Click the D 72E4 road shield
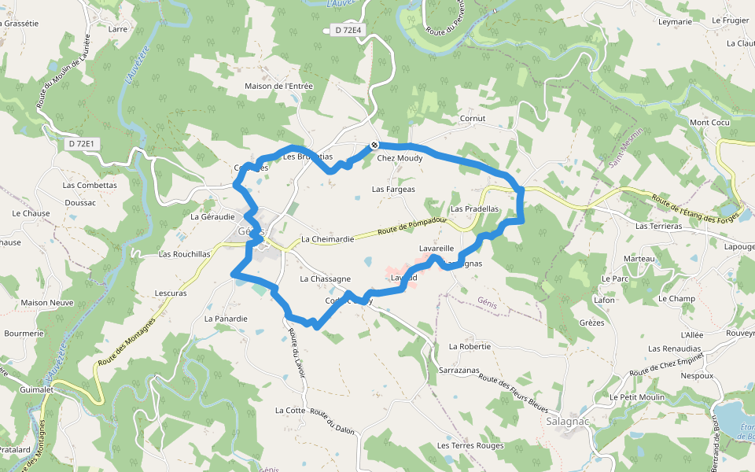(347, 30)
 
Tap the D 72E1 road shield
(82, 143)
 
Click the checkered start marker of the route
(375, 145)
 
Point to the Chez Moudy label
(400, 158)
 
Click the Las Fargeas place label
(393, 190)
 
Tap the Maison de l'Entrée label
(279, 87)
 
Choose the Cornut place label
(473, 119)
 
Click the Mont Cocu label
(710, 123)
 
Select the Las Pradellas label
(475, 209)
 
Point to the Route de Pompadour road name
(412, 227)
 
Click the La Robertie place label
(470, 346)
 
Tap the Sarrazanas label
(460, 370)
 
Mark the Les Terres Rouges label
(470, 446)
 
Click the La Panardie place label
(226, 319)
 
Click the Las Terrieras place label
(658, 226)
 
